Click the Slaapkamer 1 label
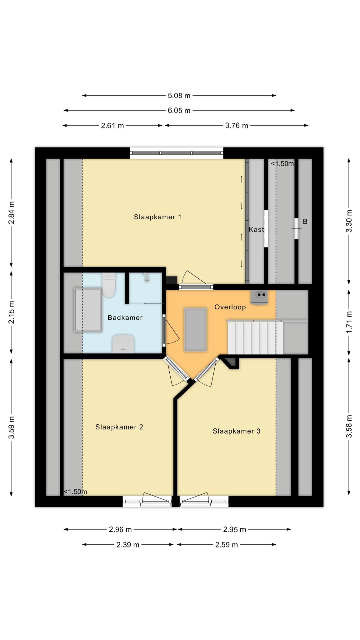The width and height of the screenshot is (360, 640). tap(157, 217)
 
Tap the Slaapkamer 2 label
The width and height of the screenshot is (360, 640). tap(119, 427)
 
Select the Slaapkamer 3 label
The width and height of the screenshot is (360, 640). tap(237, 431)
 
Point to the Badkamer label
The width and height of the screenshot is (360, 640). tap(125, 317)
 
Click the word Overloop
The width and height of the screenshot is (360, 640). tap(230, 307)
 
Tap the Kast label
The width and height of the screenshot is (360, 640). tap(256, 229)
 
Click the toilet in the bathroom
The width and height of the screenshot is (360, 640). tap(109, 285)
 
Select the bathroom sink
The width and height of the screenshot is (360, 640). tap(123, 344)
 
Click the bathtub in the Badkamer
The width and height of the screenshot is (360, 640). tap(88, 310)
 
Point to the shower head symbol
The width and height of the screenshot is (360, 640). tap(146, 277)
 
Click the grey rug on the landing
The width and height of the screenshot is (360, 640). tap(196, 329)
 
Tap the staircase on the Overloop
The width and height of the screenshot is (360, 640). tap(255, 338)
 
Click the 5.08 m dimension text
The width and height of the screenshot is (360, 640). tap(179, 96)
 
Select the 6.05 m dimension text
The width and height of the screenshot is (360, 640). tap(179, 111)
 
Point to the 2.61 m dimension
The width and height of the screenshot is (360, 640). tap(112, 126)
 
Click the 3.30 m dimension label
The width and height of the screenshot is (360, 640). tap(349, 221)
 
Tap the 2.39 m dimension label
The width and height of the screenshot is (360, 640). tap(128, 545)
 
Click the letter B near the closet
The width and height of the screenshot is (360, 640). tap(305, 222)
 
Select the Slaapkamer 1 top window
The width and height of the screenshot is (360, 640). tap(177, 153)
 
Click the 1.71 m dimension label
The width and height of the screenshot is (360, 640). tap(349, 322)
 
